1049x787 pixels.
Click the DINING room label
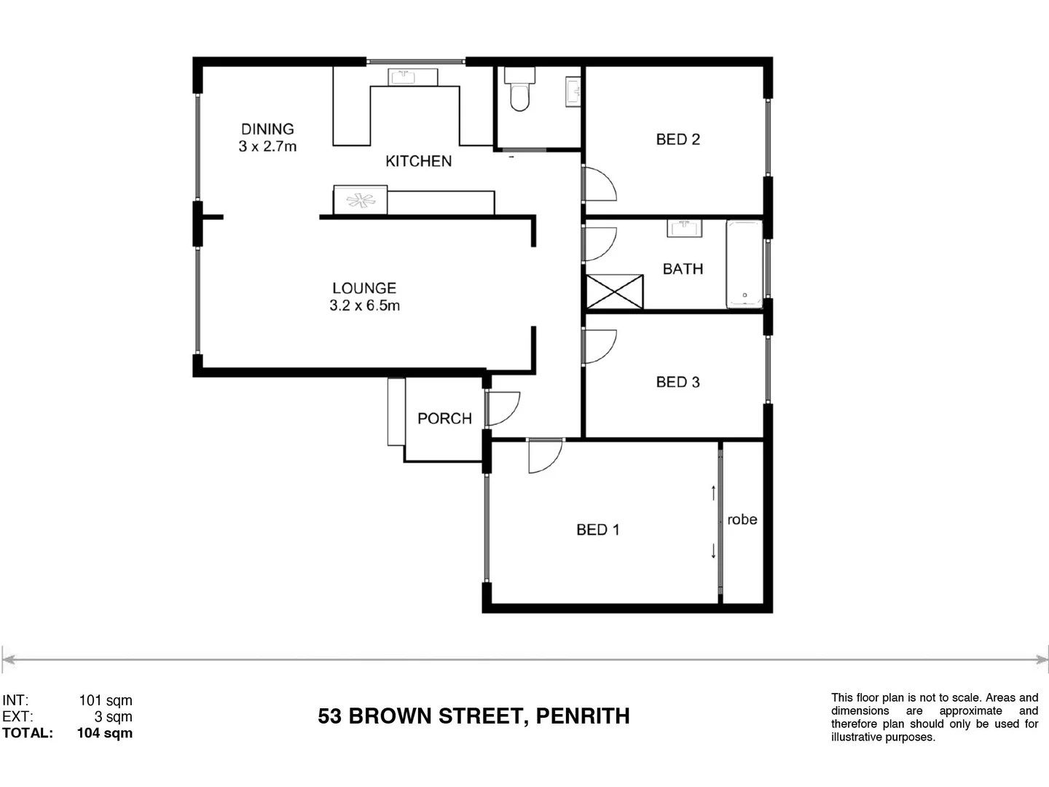click(x=267, y=129)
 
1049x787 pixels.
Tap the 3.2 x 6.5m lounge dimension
click(x=364, y=305)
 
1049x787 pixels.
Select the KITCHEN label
click(x=418, y=161)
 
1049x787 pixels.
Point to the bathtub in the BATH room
click(x=744, y=264)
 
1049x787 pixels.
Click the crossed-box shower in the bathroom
click(x=615, y=291)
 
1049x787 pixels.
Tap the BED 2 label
click(x=677, y=139)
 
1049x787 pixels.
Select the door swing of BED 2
click(x=600, y=184)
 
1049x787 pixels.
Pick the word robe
click(x=742, y=520)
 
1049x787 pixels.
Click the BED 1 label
click(x=597, y=530)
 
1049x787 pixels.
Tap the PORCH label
click(x=444, y=418)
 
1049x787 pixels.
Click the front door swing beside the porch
click(x=503, y=408)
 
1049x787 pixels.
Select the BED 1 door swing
click(x=545, y=455)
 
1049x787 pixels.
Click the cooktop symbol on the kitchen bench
click(x=361, y=200)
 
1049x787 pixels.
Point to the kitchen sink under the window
click(x=412, y=77)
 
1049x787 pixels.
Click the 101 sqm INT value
click(x=106, y=700)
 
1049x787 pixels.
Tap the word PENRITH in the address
click(x=582, y=716)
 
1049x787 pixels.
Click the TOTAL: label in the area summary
click(x=28, y=733)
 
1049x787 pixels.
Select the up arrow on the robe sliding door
click(x=713, y=493)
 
